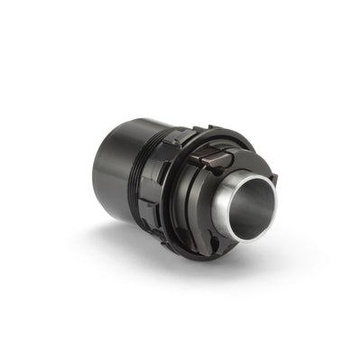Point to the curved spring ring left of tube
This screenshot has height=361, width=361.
click(200, 194)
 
